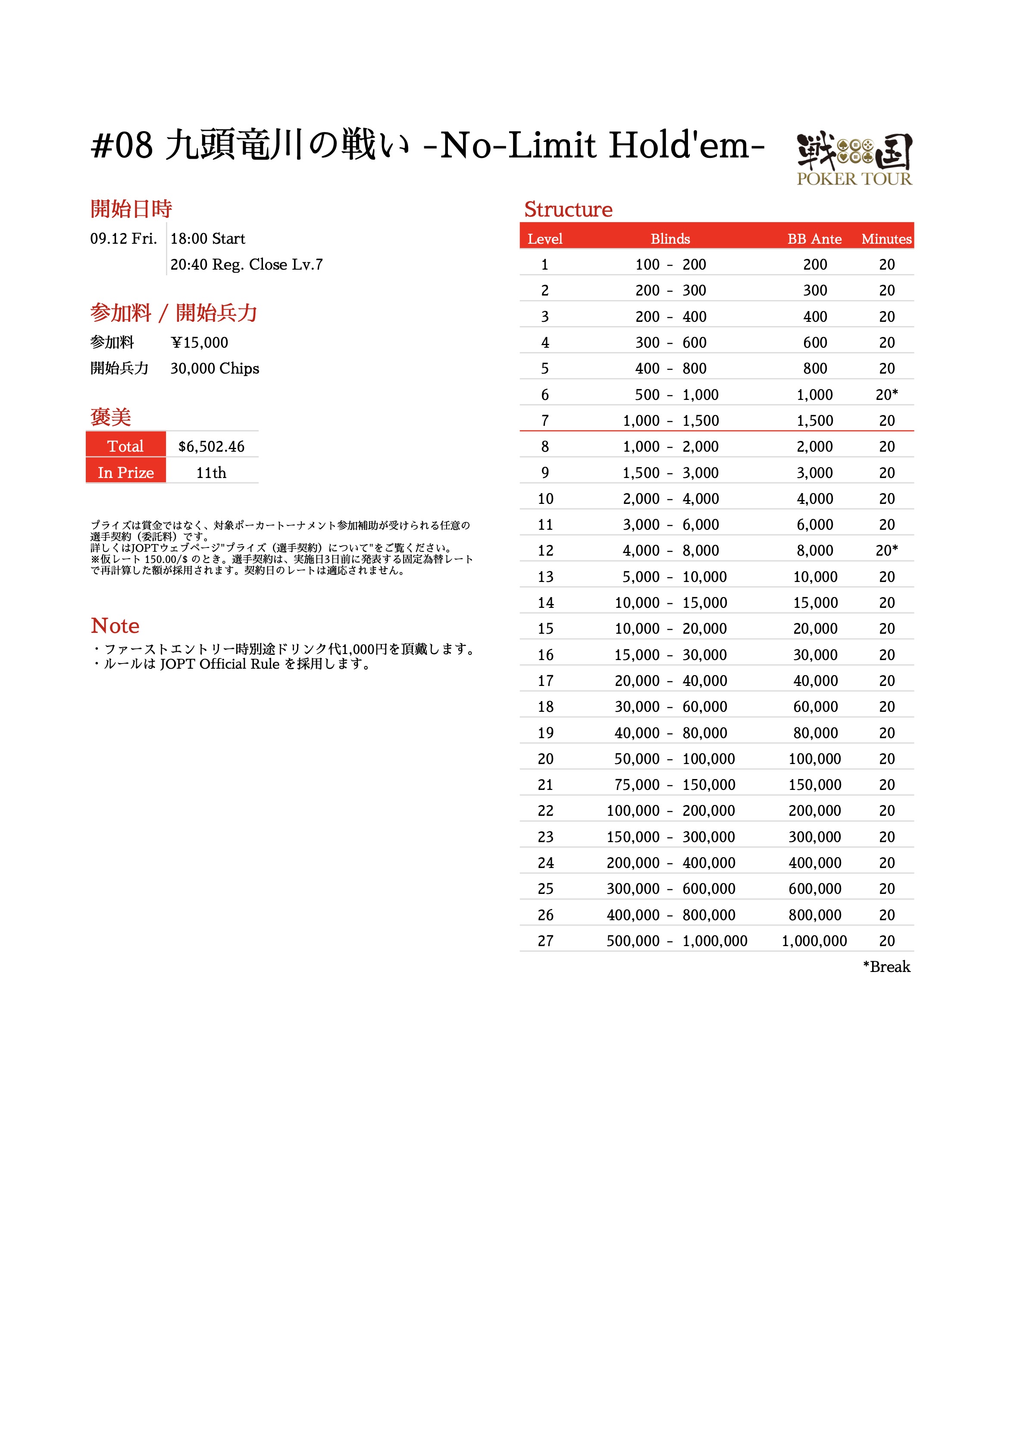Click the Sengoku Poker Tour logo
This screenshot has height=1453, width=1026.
[x=854, y=159]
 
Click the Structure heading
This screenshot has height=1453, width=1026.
[x=568, y=210]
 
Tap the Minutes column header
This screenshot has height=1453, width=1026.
[x=886, y=239]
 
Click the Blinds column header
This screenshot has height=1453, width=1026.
[x=670, y=239]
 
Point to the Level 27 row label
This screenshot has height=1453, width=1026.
[x=545, y=941]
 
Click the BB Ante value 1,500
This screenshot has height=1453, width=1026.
[x=815, y=421]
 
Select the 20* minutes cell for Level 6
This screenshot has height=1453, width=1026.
[x=886, y=395]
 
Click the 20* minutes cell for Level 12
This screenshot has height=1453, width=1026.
[x=886, y=550]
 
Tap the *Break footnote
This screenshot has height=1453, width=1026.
[x=886, y=967]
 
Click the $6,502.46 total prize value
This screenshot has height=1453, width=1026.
[x=211, y=447]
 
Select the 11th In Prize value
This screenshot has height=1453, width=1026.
[x=211, y=473]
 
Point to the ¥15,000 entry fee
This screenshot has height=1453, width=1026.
[x=199, y=343]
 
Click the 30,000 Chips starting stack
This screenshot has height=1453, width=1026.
[x=214, y=368]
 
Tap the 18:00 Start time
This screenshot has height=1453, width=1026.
[x=207, y=239]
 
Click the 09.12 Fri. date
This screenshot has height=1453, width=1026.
[x=123, y=239]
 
